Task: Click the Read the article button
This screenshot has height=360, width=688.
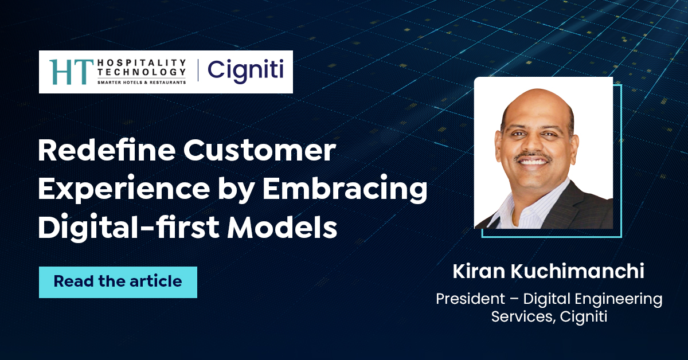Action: click(x=118, y=282)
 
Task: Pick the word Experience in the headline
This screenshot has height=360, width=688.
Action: click(x=119, y=190)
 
